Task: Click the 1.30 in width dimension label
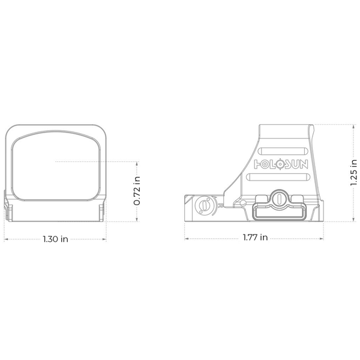pos(56,239)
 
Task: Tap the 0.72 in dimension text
pos(137,191)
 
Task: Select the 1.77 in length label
pos(256,237)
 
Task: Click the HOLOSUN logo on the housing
pos(281,164)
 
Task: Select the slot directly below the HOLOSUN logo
pos(278,177)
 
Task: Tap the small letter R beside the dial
pos(221,205)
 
